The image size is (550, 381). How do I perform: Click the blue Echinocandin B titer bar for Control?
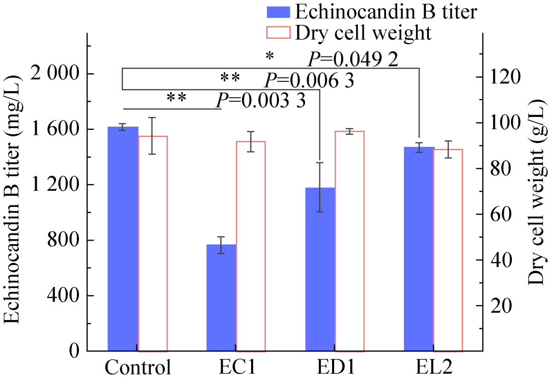point(123,239)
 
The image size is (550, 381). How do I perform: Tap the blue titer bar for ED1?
point(320,269)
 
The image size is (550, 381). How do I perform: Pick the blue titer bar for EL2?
point(418,249)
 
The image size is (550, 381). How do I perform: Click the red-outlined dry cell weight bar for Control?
point(153,244)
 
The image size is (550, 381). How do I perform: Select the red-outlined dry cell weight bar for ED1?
point(349,241)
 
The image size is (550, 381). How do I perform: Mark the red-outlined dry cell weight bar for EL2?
point(448,250)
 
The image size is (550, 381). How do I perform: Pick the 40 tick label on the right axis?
point(499,260)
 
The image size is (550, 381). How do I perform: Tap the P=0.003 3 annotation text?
point(260,100)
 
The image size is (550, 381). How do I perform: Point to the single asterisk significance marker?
point(269,56)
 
